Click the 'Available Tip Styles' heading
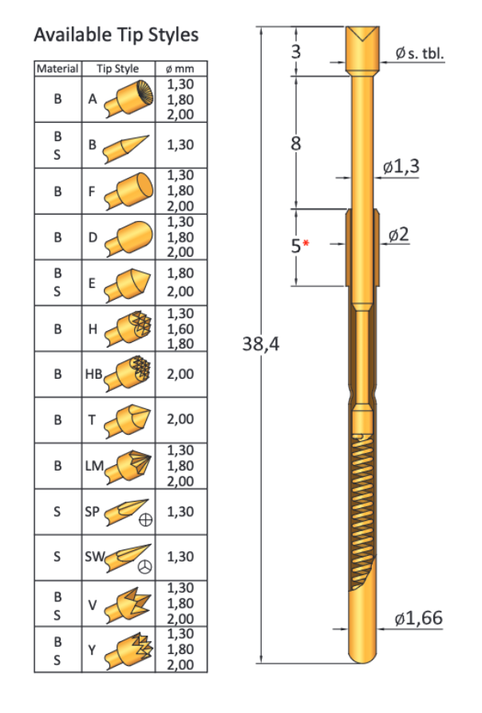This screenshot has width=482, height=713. tap(116, 36)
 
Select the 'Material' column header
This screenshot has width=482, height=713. tap(57, 69)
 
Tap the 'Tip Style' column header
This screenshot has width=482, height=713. tap(117, 69)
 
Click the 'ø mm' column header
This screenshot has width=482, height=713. tap(180, 69)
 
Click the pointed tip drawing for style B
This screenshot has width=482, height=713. tap(126, 146)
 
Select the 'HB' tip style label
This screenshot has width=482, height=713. tap(95, 373)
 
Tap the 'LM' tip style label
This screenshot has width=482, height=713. tap(94, 465)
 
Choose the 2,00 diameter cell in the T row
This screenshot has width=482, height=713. tap(180, 419)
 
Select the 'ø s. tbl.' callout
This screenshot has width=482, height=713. tap(418, 53)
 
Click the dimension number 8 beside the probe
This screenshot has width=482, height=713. tap(295, 144)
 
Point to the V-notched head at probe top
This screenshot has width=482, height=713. tap(362, 37)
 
